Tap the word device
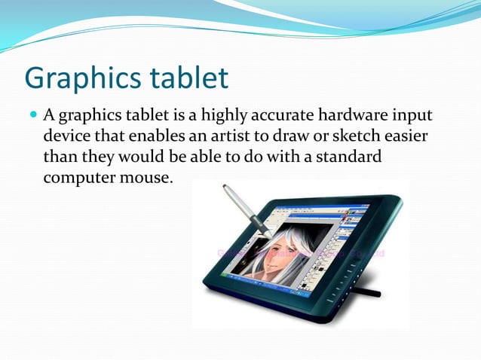[x=66, y=138]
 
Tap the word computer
[x=75, y=180]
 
